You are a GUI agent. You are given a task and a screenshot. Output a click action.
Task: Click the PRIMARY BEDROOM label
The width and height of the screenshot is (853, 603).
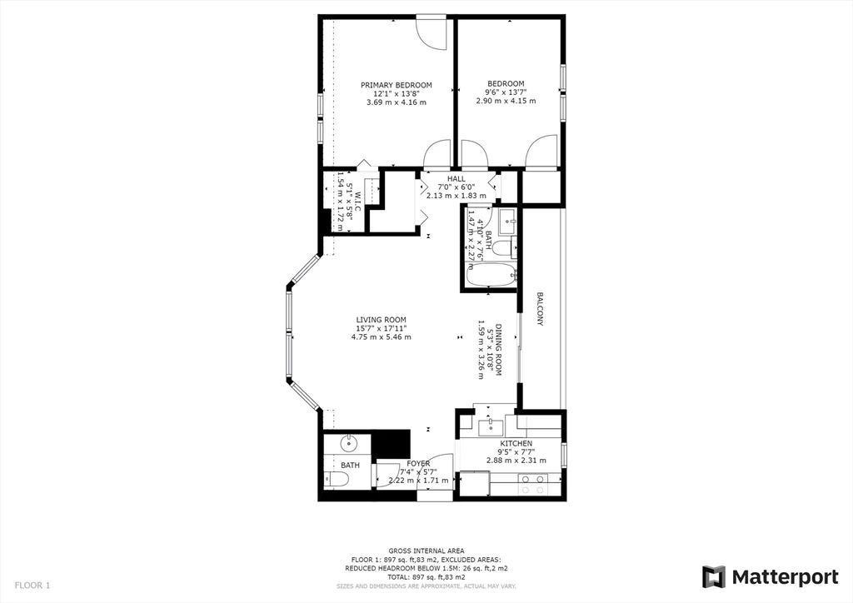(x=396, y=85)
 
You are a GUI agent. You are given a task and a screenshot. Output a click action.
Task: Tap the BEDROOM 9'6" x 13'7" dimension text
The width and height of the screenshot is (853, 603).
(x=506, y=92)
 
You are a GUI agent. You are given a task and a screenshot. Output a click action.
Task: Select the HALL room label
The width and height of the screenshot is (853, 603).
(x=456, y=178)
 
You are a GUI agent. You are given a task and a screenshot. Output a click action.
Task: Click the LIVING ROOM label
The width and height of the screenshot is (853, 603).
(x=381, y=320)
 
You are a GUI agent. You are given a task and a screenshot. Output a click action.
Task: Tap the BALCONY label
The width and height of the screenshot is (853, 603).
(x=540, y=308)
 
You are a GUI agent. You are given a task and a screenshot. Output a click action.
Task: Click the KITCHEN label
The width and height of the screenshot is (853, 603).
(x=516, y=444)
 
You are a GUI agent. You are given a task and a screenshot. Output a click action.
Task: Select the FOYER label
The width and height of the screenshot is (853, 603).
(x=418, y=464)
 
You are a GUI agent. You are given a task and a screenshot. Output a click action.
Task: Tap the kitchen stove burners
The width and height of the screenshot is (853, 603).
(x=531, y=479)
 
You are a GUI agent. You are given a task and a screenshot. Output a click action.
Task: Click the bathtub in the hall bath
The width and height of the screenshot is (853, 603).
(x=490, y=276)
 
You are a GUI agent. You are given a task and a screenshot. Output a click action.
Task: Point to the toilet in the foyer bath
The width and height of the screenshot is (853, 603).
(x=337, y=478)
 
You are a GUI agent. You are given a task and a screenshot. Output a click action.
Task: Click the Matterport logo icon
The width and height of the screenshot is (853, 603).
(x=714, y=577)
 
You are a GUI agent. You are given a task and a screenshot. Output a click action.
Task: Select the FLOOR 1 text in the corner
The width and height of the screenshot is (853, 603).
(x=32, y=586)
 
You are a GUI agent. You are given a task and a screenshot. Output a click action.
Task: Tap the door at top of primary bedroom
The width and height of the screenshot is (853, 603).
(x=431, y=31)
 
